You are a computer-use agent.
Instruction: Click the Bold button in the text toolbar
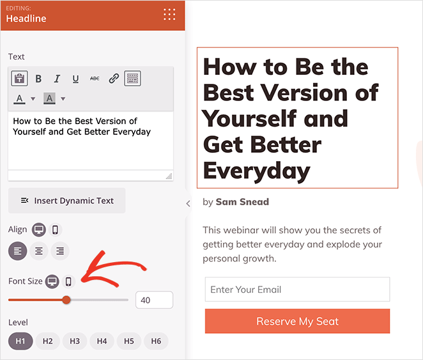click(x=38, y=79)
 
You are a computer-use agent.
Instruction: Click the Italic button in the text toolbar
click(x=57, y=79)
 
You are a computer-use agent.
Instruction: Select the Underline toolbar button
click(x=75, y=79)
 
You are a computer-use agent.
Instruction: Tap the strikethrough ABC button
click(x=95, y=79)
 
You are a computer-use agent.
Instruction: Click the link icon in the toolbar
click(x=114, y=79)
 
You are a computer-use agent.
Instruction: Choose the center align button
click(x=39, y=251)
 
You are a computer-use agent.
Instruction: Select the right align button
click(x=59, y=251)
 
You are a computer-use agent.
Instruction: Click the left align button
click(x=18, y=251)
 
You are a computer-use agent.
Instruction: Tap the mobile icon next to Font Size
click(x=68, y=281)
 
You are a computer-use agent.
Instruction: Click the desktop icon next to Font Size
click(x=52, y=281)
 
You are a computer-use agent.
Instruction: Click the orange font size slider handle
click(x=66, y=300)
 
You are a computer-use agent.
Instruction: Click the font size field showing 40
click(x=154, y=300)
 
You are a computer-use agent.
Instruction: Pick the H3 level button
click(x=75, y=341)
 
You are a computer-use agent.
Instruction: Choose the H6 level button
click(x=156, y=341)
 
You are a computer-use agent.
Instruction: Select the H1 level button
click(x=20, y=341)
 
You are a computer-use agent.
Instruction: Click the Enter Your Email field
click(x=297, y=289)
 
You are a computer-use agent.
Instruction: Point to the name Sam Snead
click(x=242, y=202)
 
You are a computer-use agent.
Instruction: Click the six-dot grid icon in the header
click(x=169, y=15)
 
